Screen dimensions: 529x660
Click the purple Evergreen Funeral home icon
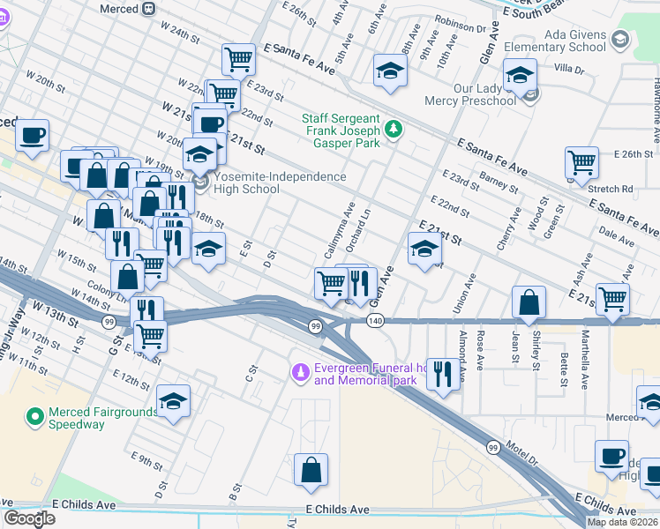(x=301, y=374)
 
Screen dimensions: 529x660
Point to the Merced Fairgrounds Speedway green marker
(x=35, y=415)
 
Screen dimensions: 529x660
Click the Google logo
(x=29, y=518)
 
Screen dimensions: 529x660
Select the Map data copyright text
(x=622, y=522)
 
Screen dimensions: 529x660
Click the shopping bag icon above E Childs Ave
(x=311, y=471)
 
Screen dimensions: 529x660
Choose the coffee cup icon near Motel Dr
(x=611, y=457)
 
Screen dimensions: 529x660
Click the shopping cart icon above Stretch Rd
(x=582, y=162)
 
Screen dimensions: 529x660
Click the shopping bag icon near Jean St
(x=528, y=302)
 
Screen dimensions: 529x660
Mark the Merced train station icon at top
(x=149, y=8)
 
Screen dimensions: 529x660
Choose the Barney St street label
(x=499, y=183)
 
